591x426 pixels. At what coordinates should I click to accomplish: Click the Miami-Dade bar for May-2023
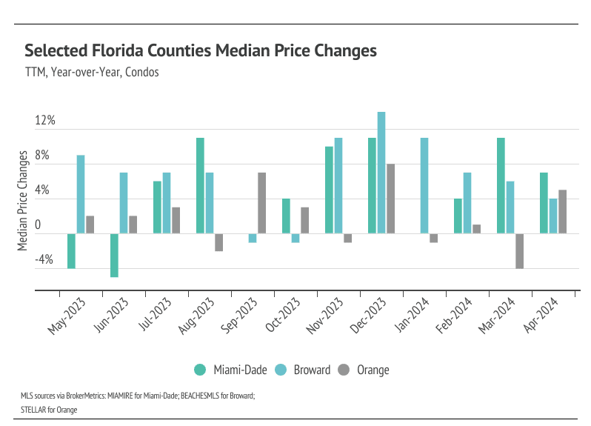click(72, 251)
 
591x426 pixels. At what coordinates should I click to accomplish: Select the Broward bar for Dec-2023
click(381, 173)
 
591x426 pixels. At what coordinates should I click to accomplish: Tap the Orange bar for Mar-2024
click(520, 251)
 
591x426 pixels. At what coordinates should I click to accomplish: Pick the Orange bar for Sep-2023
click(262, 203)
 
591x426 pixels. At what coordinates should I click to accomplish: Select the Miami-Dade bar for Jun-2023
click(115, 256)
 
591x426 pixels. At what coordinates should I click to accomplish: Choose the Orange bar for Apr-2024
click(563, 212)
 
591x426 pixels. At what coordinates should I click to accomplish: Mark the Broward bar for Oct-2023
click(295, 239)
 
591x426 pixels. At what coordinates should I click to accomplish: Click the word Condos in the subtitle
click(143, 73)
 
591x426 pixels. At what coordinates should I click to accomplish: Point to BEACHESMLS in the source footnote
click(195, 396)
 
